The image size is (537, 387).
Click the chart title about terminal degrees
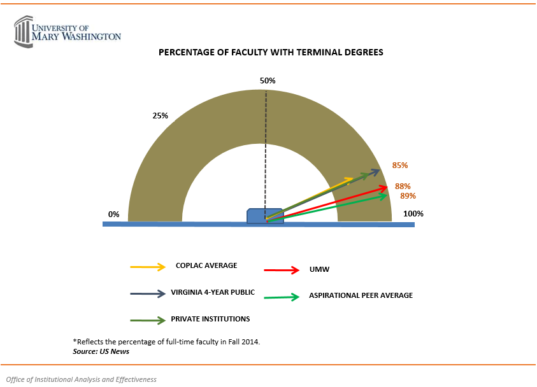271,53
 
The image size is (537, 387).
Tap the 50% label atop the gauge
268,81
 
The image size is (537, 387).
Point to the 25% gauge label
161,116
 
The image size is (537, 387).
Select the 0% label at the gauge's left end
114,215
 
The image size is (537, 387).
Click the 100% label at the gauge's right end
413,214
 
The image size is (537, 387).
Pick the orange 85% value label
400,165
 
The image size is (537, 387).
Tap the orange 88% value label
403,186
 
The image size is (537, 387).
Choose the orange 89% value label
408,196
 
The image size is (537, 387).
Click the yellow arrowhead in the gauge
349,180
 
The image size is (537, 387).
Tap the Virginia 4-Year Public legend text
213,293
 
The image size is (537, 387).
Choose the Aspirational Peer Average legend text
361,295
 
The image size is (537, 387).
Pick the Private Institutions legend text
210,319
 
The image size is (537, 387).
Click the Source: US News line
97,351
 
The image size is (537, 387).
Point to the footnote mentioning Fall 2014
167,342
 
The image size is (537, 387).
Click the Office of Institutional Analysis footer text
81,379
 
